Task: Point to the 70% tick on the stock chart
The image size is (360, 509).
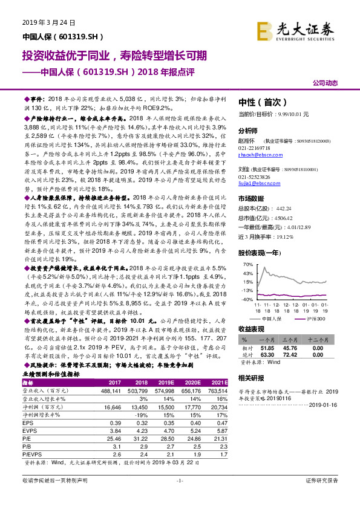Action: click(247, 264)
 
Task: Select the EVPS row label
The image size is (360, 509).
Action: click(30, 431)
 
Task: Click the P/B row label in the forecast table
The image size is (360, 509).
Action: click(28, 447)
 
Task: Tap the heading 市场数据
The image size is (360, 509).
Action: click(251, 198)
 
